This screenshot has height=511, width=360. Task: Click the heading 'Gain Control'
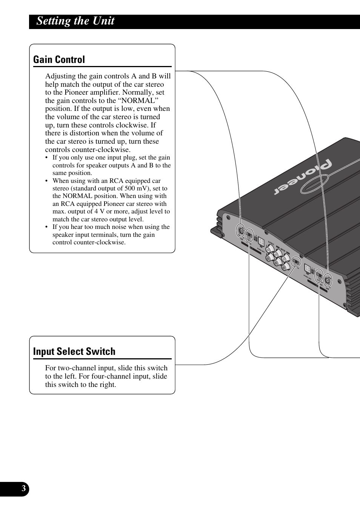pyautogui.click(x=59, y=60)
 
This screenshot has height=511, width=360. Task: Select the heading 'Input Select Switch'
pyautogui.click(x=74, y=351)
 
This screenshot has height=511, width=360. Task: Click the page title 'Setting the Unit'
pyautogui.click(x=75, y=21)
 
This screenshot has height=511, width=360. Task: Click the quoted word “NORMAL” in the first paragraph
pyautogui.click(x=140, y=101)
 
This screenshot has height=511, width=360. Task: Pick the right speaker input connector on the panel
pyautogui.click(x=308, y=270)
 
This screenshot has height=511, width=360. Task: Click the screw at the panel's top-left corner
pyautogui.click(x=228, y=218)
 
